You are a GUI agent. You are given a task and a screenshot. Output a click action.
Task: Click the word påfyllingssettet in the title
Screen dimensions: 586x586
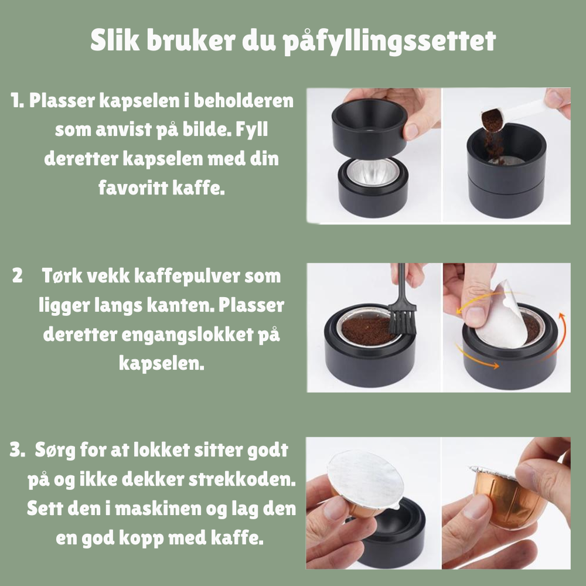[x=390, y=41]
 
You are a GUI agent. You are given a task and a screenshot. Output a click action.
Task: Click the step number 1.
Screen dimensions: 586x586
[x=17, y=100]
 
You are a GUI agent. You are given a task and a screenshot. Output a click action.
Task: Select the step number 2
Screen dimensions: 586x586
[x=17, y=275]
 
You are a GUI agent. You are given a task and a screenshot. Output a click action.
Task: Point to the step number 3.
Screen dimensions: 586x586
[x=17, y=449]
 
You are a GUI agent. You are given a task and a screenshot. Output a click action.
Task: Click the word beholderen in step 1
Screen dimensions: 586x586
[x=244, y=101]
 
